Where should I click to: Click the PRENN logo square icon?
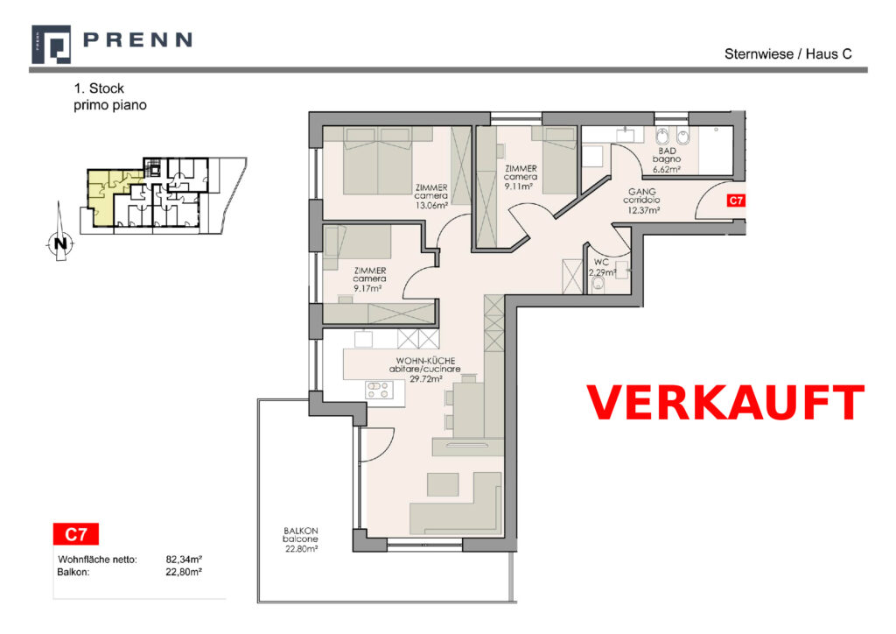[51, 44]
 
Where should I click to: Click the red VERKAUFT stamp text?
[725, 403]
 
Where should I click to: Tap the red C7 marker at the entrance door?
[735, 201]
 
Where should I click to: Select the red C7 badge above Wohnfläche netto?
[75, 534]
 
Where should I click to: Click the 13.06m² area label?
[431, 205]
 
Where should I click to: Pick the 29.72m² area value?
[426, 378]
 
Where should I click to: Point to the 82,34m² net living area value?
[184, 560]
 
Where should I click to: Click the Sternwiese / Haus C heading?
[788, 54]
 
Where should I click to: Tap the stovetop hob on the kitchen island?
[379, 390]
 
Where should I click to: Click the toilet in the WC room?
[597, 285]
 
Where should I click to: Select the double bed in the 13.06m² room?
[377, 160]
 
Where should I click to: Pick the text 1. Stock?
[98, 88]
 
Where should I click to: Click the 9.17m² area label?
[367, 288]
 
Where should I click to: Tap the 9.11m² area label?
[518, 186]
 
